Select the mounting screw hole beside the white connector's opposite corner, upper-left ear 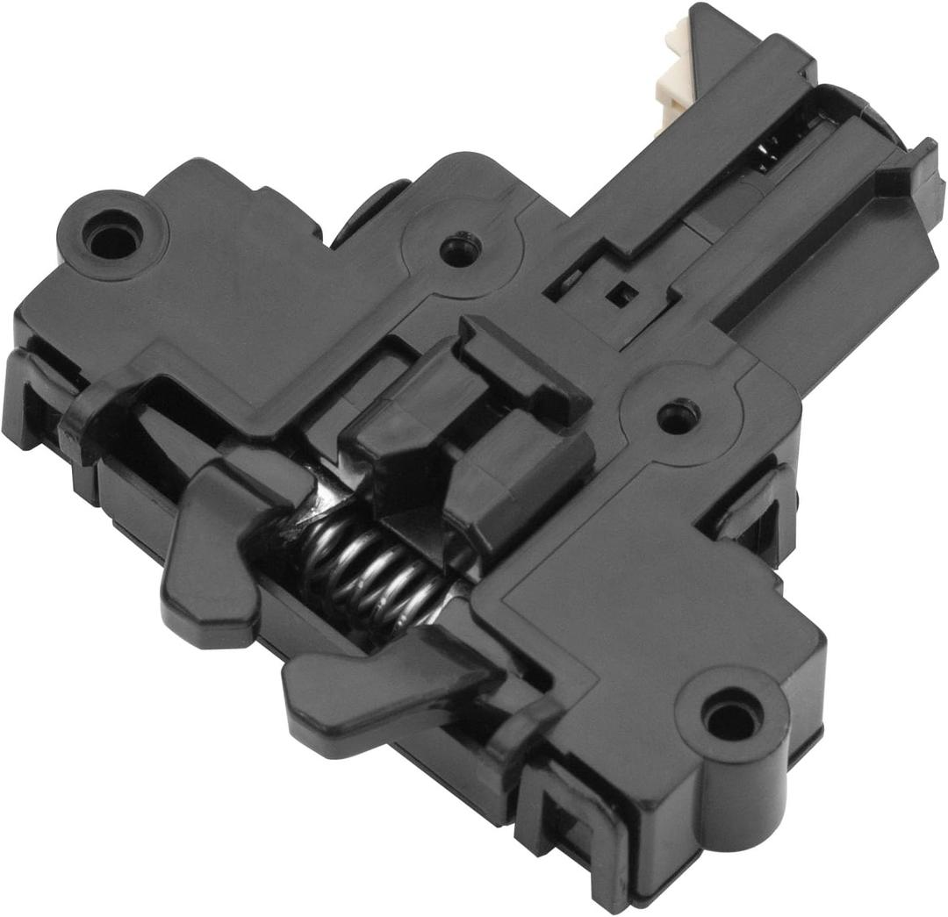[111, 235]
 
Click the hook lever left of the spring [215, 562]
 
